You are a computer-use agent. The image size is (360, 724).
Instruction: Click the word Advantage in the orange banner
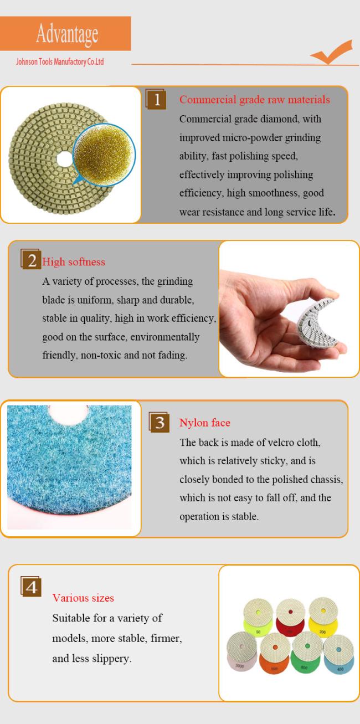tap(67, 34)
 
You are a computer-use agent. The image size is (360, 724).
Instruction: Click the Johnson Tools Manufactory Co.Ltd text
tap(60, 61)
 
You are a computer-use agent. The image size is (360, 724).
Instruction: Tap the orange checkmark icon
tap(332, 52)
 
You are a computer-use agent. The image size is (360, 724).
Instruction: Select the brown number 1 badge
tap(156, 99)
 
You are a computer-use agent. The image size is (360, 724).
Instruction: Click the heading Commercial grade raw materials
tap(255, 100)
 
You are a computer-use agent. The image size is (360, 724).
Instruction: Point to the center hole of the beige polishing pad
tap(65, 158)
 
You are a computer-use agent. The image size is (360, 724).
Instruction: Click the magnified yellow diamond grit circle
tap(104, 155)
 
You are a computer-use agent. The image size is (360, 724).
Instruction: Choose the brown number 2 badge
tap(31, 259)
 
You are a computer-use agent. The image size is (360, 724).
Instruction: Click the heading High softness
tap(74, 262)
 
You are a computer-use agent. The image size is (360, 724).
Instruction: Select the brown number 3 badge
tap(160, 422)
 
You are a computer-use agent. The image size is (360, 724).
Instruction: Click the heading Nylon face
tap(205, 423)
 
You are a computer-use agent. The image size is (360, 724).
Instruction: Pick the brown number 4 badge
tap(31, 586)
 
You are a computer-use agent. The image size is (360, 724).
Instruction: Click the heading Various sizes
tap(83, 598)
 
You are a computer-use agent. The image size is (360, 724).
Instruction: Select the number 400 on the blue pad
tap(340, 669)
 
